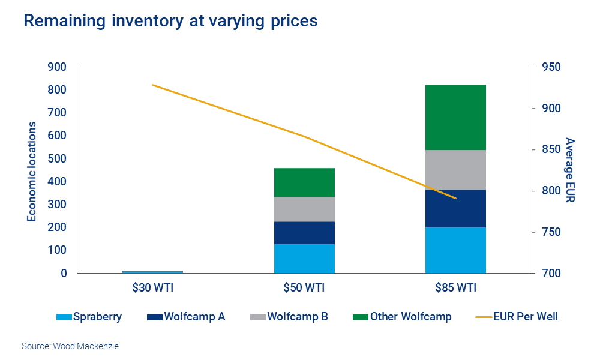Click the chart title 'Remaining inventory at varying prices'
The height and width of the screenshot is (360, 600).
tap(170, 22)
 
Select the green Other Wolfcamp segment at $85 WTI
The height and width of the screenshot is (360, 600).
tap(455, 118)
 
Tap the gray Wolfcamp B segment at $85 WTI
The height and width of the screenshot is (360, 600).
tap(455, 170)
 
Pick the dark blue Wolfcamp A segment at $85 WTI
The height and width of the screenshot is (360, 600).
tap(455, 208)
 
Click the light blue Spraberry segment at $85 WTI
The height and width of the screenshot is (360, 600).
tap(455, 250)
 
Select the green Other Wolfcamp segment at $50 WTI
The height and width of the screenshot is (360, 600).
tap(304, 182)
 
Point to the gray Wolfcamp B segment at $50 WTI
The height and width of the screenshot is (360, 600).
tap(304, 209)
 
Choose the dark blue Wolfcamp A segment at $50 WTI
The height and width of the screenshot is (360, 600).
tap(304, 233)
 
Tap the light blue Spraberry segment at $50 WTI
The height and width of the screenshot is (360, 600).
tap(304, 259)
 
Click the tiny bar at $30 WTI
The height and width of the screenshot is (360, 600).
tap(152, 272)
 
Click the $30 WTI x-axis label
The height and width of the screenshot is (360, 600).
tap(152, 288)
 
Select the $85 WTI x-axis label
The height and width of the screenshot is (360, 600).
tap(455, 288)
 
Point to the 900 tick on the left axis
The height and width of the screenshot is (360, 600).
tap(56, 67)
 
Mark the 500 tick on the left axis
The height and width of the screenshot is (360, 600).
tap(56, 159)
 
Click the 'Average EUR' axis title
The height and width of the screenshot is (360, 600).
tap(570, 170)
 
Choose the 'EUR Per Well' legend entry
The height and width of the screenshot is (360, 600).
tap(517, 316)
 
